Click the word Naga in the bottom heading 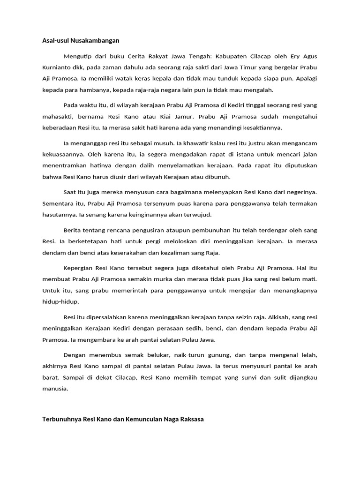click(162, 420)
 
